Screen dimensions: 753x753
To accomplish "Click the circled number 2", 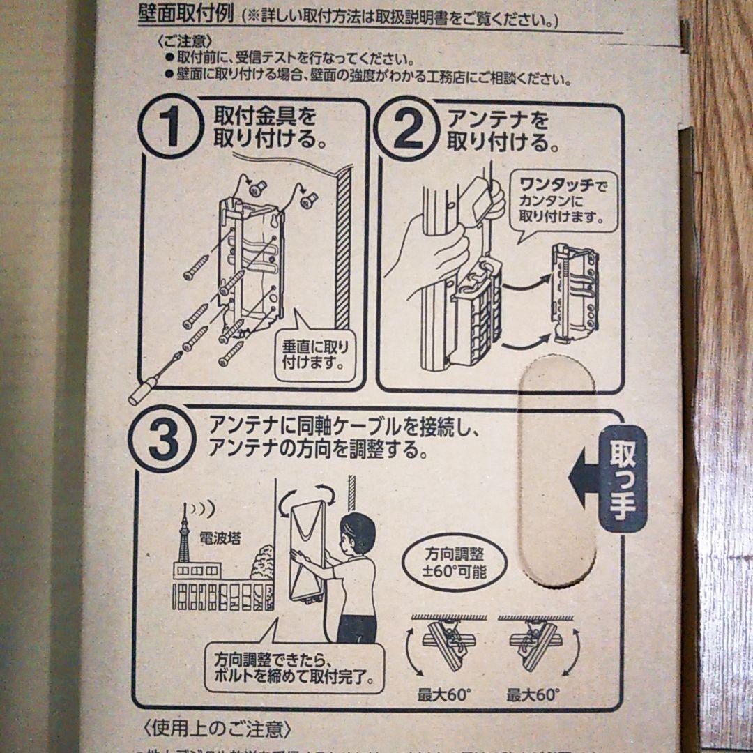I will coord(407,131).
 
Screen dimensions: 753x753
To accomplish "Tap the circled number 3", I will coord(163,441).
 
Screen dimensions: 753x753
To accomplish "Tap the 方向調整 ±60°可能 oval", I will coord(454,563).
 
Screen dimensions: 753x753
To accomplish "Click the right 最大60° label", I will coord(533,694).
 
